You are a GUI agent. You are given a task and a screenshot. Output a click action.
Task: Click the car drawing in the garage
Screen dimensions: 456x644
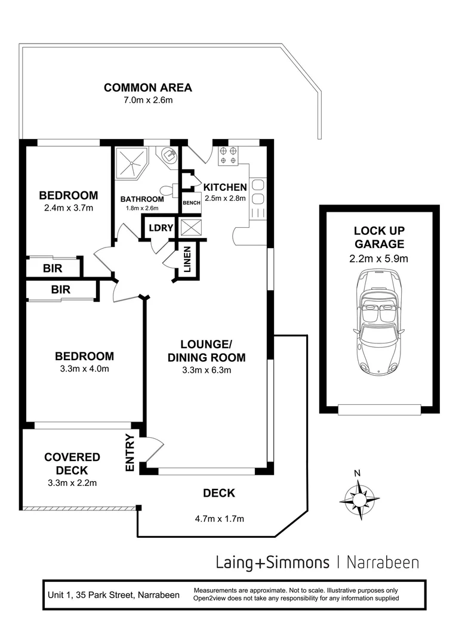pyautogui.click(x=379, y=322)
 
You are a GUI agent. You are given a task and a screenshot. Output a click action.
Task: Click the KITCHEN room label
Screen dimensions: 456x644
pyautogui.click(x=225, y=187)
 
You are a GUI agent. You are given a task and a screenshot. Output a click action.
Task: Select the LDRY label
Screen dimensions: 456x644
pyautogui.click(x=161, y=228)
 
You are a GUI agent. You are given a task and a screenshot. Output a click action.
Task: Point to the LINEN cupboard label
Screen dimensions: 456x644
pyautogui.click(x=187, y=260)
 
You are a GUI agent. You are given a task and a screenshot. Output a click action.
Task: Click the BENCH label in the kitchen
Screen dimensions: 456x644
pyautogui.click(x=192, y=203)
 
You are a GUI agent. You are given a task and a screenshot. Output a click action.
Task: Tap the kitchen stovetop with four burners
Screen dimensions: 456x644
pyautogui.click(x=227, y=155)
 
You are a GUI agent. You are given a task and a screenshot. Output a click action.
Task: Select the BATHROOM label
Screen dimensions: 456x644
pyautogui.click(x=142, y=199)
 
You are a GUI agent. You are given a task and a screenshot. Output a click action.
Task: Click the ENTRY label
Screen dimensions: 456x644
pyautogui.click(x=131, y=456)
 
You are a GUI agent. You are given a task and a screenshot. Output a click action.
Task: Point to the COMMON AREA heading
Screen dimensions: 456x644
pyautogui.click(x=148, y=88)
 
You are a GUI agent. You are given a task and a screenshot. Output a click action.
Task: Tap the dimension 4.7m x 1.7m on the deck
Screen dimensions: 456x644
pyautogui.click(x=219, y=519)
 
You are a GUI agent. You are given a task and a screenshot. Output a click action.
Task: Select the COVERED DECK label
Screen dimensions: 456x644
pyautogui.click(x=72, y=464)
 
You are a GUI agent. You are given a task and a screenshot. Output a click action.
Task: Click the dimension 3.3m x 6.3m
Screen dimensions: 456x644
pyautogui.click(x=207, y=370)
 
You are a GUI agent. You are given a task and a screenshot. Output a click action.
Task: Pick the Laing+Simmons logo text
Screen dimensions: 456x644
pyautogui.click(x=272, y=562)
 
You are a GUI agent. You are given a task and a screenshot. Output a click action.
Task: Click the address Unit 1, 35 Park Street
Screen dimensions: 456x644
pyautogui.click(x=113, y=595)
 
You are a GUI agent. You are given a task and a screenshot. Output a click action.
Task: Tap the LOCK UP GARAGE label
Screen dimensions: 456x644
pyautogui.click(x=379, y=237)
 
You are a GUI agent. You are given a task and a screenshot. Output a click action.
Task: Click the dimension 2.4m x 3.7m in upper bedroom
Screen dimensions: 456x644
pyautogui.click(x=69, y=208)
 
